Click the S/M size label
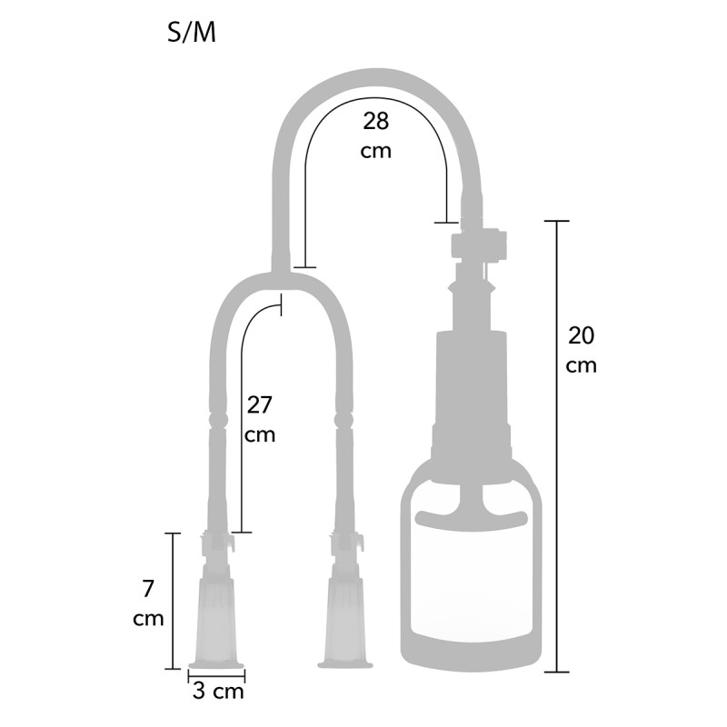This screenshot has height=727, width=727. click(x=192, y=33)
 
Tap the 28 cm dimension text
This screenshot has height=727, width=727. click(x=375, y=135)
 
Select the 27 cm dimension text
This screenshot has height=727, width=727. click(x=260, y=419)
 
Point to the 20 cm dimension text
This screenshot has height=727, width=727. click(x=581, y=350)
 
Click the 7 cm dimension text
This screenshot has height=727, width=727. click(x=148, y=603)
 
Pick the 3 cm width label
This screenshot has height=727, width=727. click(x=218, y=692)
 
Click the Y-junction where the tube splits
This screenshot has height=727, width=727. click(x=281, y=277)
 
